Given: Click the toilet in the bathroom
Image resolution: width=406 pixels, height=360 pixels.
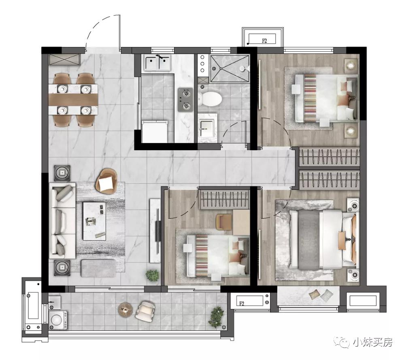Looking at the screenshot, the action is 210,98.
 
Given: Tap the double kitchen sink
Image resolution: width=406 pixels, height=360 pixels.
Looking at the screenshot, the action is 157,63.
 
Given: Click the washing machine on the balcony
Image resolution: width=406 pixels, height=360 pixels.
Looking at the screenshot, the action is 58,320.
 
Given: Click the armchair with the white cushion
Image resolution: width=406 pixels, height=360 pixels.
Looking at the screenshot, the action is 106,181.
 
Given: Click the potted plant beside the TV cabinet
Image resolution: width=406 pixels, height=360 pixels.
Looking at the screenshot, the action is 152,275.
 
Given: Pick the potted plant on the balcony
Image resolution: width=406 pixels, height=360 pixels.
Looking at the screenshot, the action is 216,317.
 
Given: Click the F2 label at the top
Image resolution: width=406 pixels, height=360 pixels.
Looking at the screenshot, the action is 264,40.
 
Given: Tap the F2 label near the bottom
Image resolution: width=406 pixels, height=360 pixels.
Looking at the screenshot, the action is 242,303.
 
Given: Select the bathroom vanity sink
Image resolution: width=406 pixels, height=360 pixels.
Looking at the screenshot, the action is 207,128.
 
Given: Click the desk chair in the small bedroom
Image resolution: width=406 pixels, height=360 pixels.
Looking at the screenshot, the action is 224,222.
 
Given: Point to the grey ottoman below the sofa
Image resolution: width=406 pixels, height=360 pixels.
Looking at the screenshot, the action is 98,268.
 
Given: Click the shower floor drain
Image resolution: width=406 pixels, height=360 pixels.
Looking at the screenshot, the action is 221,68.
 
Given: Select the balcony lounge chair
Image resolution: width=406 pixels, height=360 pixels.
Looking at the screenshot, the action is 145,311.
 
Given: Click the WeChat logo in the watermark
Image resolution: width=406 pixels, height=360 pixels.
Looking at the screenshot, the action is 341,342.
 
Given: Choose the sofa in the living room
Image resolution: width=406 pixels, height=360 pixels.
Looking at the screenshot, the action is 62,221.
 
